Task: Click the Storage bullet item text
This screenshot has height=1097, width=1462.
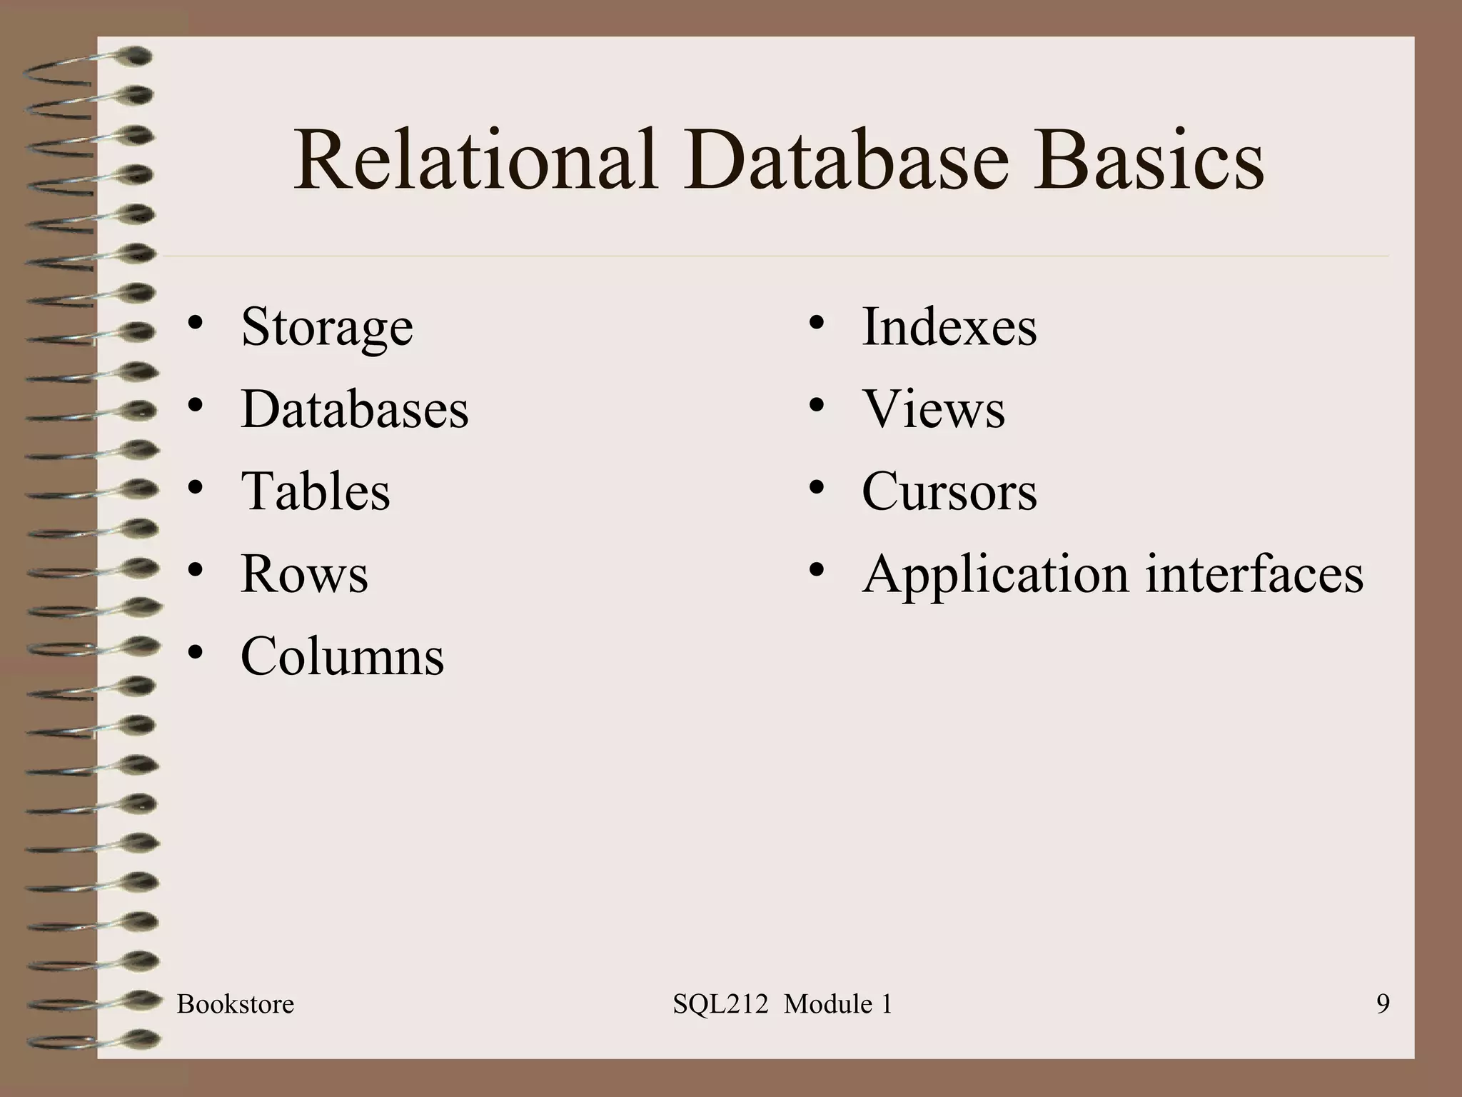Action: tap(327, 328)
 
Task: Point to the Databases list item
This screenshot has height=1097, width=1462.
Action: tap(355, 409)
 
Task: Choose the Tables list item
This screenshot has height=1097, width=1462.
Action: tap(316, 491)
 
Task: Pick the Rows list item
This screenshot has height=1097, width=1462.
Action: tap(305, 573)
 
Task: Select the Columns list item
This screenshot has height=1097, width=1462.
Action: tap(343, 656)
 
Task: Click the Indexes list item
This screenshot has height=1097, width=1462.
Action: tap(949, 328)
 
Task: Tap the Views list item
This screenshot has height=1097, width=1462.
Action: tap(933, 409)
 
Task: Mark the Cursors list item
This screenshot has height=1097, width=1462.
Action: tap(949, 491)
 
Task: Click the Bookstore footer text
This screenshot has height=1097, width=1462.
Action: tap(236, 1004)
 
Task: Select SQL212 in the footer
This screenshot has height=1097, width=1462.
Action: tap(720, 1004)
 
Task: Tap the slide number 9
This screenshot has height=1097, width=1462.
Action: tap(1383, 1004)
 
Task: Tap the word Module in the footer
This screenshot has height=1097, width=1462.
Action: tap(827, 1004)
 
